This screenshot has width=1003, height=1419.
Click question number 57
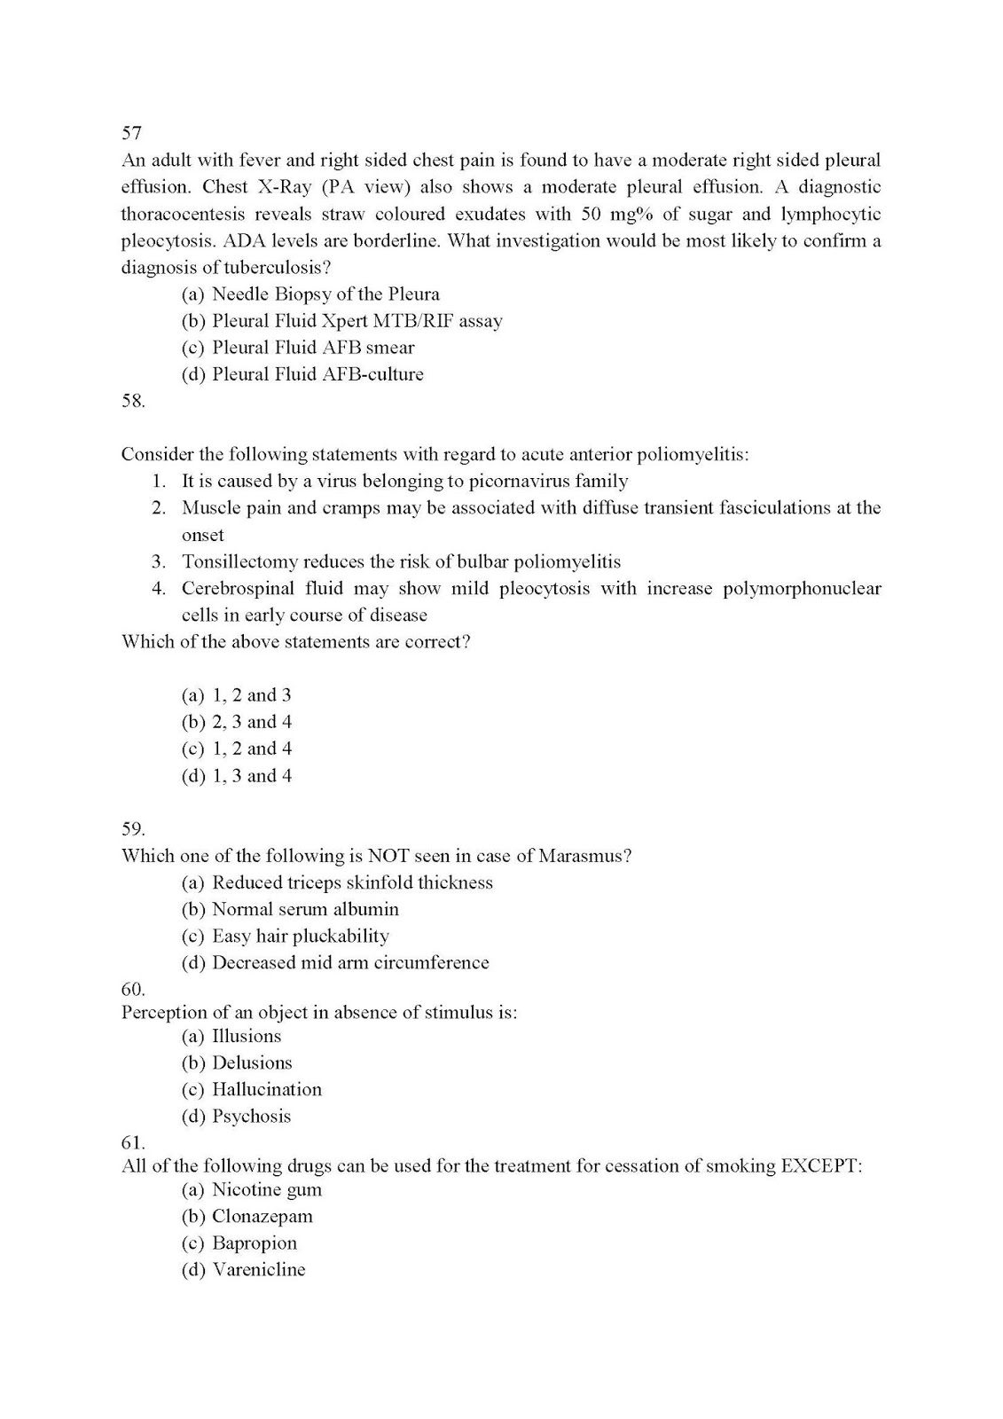131,133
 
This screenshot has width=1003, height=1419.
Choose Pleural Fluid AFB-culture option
317,374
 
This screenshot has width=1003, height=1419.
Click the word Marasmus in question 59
582,856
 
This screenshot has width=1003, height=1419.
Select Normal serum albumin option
305,909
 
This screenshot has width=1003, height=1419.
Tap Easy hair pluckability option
300,937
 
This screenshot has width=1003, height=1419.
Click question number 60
132,988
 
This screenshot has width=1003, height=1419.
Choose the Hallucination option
266,1090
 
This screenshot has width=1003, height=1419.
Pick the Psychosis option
251,1117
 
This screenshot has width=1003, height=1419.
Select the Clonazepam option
262,1217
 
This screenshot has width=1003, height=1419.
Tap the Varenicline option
258,1270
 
